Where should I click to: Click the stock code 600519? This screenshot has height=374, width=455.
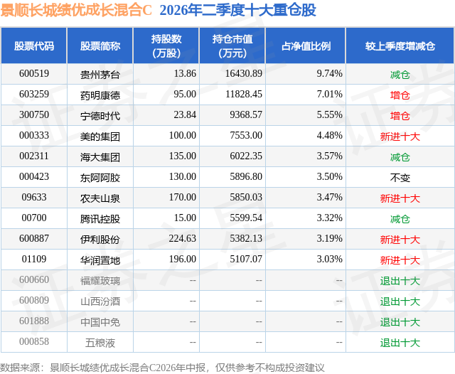[x=34, y=73]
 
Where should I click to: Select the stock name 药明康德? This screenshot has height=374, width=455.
[x=100, y=95]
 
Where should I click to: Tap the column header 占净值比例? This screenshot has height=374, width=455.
[x=306, y=46]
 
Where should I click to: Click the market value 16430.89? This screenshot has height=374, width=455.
[x=244, y=73]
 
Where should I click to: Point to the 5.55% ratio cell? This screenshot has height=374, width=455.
[x=329, y=114]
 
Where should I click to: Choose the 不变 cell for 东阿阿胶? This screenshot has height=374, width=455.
[x=400, y=178]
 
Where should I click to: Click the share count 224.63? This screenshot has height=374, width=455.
[x=183, y=238]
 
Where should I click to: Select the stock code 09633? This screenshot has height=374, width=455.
[x=34, y=197]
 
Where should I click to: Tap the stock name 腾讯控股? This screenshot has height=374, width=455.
[x=100, y=219]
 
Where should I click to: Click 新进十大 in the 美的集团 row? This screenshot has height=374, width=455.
[x=400, y=137]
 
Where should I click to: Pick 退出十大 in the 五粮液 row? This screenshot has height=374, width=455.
[x=400, y=343]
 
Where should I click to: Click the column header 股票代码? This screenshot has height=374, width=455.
[x=34, y=46]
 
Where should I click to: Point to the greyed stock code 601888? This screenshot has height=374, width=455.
[x=34, y=321]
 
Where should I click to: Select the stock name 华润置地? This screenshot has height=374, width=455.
[x=100, y=260]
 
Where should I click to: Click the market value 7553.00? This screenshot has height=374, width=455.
[x=246, y=135]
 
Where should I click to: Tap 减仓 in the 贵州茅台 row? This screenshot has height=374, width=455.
[x=400, y=75]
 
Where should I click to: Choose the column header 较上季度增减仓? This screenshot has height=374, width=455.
[x=400, y=46]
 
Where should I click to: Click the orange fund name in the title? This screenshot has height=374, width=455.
[x=76, y=11]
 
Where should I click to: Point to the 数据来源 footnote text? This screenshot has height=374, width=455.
[x=162, y=368]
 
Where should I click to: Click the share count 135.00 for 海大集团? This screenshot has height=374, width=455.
[x=183, y=156]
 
